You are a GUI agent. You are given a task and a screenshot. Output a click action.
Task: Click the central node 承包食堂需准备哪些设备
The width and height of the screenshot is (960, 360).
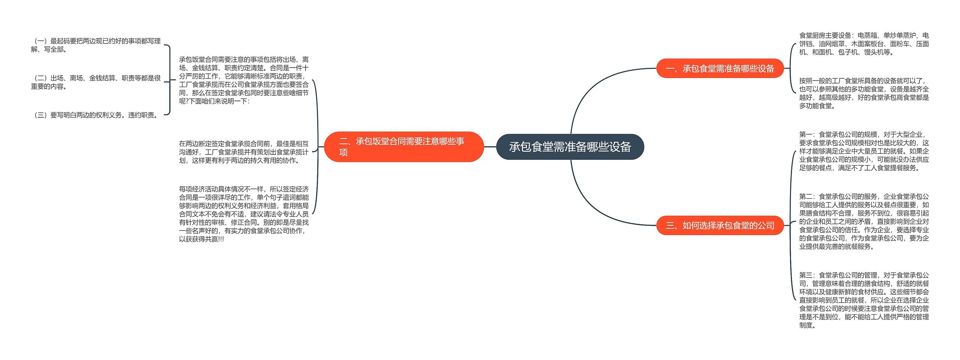click(570, 147)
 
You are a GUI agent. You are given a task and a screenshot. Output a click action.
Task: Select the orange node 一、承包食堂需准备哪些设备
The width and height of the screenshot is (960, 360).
click(720, 68)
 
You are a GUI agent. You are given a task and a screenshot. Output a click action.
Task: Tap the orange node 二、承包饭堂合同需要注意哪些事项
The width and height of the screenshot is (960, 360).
click(403, 147)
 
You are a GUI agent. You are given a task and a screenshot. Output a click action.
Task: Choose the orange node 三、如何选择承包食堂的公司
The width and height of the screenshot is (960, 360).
click(720, 225)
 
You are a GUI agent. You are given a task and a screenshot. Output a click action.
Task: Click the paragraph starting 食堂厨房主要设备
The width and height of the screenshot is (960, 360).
click(864, 43)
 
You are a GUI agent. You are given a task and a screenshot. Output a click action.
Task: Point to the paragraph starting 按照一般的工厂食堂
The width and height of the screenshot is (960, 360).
click(864, 93)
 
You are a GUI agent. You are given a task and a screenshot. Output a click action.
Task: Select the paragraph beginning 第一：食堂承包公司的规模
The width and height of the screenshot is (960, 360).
click(864, 151)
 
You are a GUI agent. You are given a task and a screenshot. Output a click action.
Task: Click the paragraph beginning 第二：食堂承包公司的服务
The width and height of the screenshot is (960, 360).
click(864, 221)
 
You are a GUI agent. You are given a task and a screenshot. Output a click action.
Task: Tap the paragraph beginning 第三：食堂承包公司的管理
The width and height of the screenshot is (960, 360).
click(864, 300)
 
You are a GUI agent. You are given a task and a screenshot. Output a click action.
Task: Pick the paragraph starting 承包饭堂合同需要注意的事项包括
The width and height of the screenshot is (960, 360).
click(244, 80)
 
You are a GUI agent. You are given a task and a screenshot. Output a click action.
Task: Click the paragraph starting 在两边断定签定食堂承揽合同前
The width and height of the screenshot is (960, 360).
click(244, 152)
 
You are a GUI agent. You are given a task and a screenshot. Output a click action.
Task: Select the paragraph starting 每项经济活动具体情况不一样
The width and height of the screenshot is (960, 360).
click(244, 214)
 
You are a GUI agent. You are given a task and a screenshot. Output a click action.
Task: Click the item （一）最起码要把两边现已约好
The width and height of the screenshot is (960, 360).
click(96, 45)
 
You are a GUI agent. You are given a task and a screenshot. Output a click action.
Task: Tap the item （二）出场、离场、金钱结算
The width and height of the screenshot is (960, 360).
click(96, 82)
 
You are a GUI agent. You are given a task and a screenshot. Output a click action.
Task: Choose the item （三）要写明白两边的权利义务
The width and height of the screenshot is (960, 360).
click(96, 115)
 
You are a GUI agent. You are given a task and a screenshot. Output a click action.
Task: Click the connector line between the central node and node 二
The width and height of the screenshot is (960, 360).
click(490, 147)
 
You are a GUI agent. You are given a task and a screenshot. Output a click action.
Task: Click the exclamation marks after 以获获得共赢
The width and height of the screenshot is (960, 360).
click(221, 239)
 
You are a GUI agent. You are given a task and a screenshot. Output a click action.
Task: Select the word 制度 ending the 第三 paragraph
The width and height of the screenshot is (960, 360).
click(805, 325)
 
